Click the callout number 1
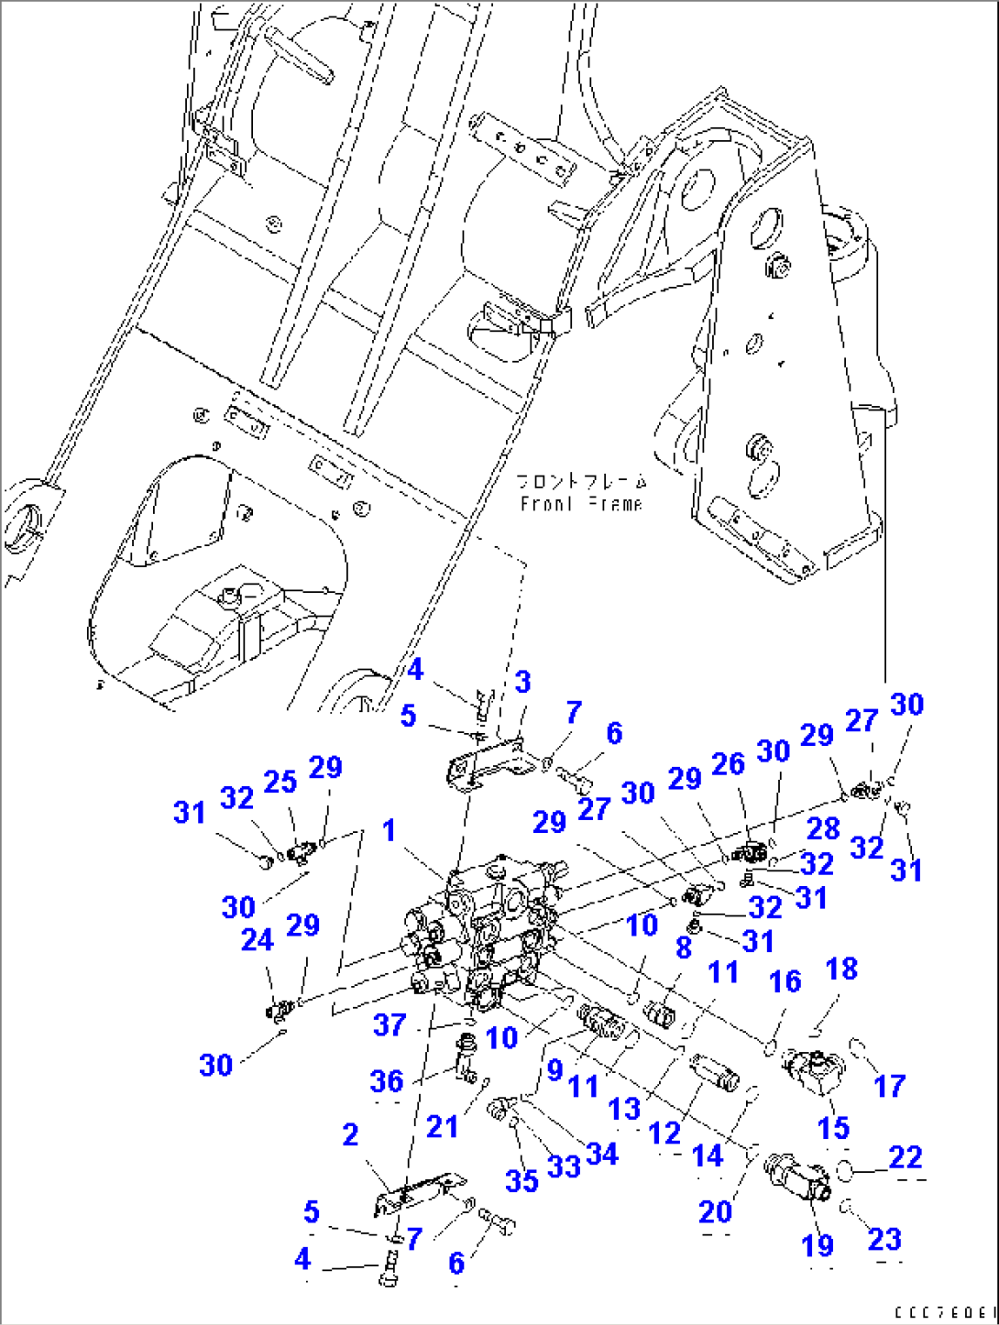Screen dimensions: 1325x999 coord(390,830)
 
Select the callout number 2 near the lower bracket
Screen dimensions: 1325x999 coord(350,1134)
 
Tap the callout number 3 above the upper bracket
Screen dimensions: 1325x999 coord(522,682)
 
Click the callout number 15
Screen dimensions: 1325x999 coord(833,1128)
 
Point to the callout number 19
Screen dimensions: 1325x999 coord(818,1245)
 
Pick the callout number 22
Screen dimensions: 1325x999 coord(905,1157)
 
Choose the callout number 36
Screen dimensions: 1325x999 coord(386,1081)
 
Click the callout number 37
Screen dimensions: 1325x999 coord(390,1024)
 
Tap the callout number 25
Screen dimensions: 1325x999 coord(280,782)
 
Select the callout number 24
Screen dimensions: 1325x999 coord(257,940)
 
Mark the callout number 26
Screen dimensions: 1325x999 coord(728,764)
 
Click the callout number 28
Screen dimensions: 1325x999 coord(822,828)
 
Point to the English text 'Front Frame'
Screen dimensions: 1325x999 coord(582,504)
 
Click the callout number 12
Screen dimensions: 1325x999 coord(664,1133)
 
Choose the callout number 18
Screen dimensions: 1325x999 coord(841,969)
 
